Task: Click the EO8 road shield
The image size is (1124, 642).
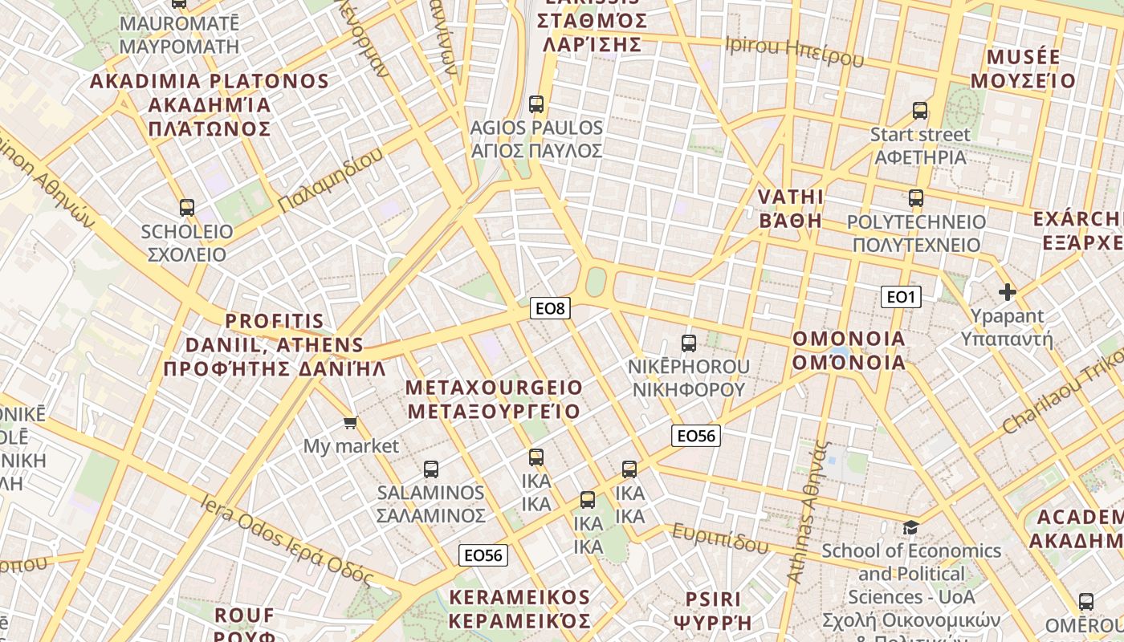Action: tap(550, 308)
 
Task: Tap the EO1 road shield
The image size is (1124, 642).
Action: tap(901, 297)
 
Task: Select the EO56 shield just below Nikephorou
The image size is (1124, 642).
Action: tap(695, 436)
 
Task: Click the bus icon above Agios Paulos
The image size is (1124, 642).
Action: tap(536, 104)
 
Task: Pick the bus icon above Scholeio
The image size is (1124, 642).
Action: tap(187, 208)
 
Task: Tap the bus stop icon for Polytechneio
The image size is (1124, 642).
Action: tap(916, 198)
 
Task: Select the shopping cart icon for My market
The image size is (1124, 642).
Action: tap(350, 422)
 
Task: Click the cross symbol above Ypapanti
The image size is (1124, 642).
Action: tap(1007, 292)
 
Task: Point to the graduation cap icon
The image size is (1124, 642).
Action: tap(910, 527)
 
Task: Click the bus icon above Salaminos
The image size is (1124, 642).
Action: tap(431, 469)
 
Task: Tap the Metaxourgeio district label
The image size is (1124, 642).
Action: tap(494, 400)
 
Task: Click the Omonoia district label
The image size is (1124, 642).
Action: tap(849, 351)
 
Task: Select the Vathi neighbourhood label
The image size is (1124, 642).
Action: tap(791, 209)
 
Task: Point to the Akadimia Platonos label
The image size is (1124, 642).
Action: tap(210, 104)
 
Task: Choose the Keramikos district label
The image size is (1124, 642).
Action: tap(519, 609)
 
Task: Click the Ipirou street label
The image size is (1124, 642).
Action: tap(794, 51)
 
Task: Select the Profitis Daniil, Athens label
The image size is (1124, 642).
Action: tap(275, 345)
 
